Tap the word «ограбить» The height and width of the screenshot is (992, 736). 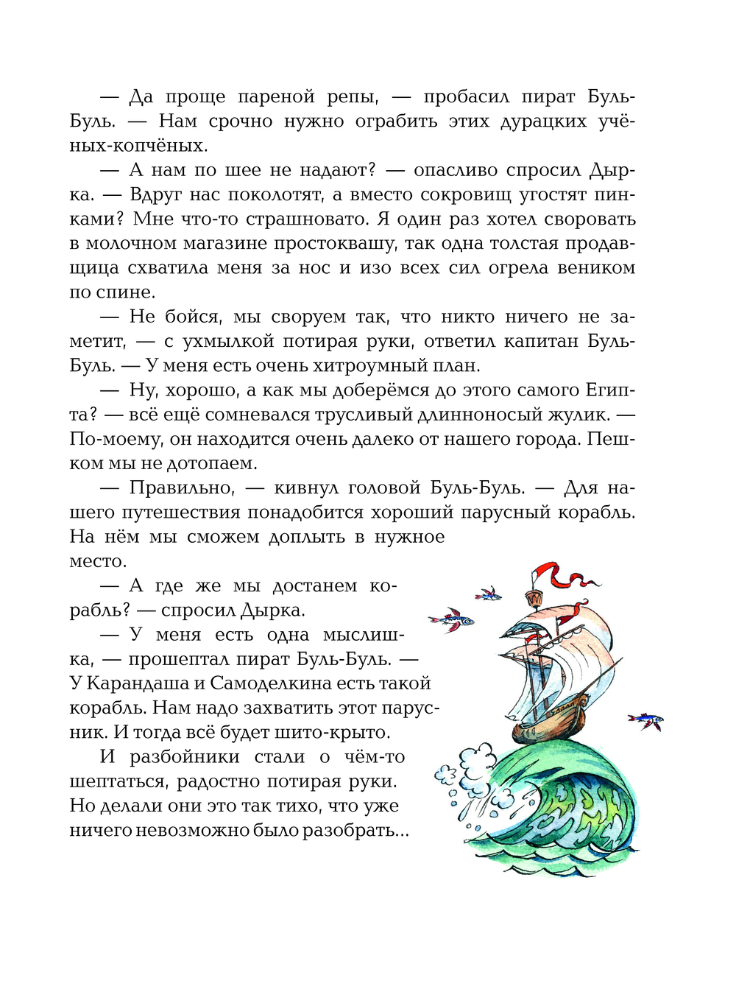396,122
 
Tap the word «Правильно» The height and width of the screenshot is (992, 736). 182,488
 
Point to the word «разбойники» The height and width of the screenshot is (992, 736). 185,757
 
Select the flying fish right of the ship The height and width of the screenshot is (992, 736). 645,720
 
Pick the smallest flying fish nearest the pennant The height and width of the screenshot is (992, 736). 487,593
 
